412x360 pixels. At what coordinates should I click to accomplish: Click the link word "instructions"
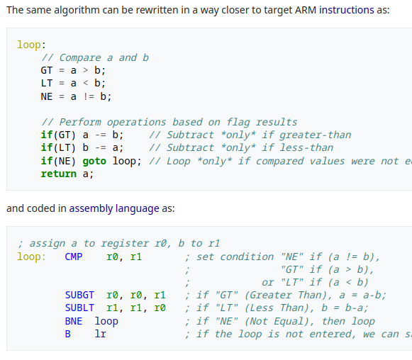coord(346,10)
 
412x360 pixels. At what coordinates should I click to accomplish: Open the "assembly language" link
coord(114,208)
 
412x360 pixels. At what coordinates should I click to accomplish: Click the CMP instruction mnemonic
coord(74,257)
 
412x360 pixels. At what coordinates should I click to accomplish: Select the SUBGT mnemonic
coord(79,295)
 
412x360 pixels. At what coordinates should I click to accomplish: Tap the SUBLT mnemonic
coord(79,308)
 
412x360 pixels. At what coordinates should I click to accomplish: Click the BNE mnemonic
coord(74,321)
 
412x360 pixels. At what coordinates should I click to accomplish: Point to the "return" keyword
coord(58,174)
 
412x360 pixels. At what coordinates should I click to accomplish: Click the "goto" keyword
coord(94,161)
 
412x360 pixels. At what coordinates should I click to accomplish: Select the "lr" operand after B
coord(101,334)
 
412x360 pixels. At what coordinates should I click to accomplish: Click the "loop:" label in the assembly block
coord(31,257)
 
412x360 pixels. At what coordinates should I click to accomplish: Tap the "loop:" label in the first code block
coord(31,45)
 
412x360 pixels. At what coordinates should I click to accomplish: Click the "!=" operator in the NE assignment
coord(89,96)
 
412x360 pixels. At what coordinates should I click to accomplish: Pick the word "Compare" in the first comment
coord(80,58)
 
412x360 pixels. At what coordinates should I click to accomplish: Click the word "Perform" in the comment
coord(80,122)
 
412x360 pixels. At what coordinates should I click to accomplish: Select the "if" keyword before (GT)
coord(47,135)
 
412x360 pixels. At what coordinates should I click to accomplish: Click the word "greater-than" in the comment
coord(315,135)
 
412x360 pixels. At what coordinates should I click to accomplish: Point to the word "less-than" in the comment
coord(306,148)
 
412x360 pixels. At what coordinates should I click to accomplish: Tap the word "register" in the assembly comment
coord(125,244)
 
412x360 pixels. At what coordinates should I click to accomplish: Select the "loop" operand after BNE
coord(106,321)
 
